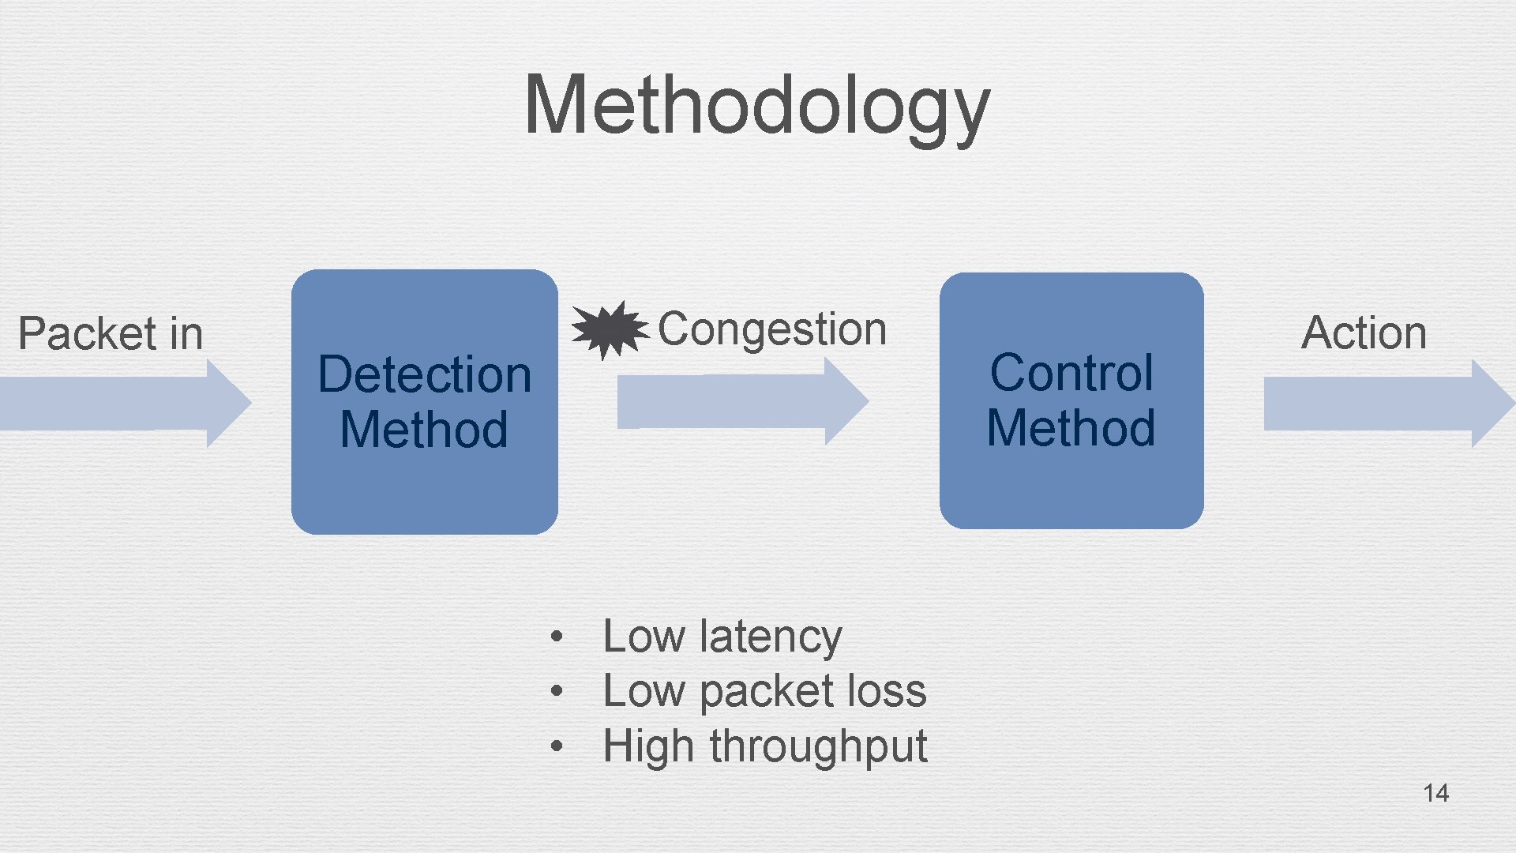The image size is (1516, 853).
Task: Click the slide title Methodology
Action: click(x=756, y=105)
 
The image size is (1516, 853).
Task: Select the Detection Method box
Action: click(x=424, y=490)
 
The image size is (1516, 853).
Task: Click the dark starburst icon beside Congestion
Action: click(x=608, y=329)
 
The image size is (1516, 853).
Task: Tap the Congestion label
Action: click(x=771, y=329)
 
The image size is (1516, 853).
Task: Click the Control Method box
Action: click(x=1071, y=490)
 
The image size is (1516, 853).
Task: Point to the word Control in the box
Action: click(x=1071, y=373)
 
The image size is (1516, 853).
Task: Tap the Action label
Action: click(x=1364, y=333)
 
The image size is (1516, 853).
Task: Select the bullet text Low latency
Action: click(x=722, y=637)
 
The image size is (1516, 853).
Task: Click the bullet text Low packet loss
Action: click(x=764, y=691)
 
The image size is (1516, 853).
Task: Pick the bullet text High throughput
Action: click(x=764, y=746)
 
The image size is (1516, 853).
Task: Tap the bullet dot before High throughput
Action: click(x=557, y=746)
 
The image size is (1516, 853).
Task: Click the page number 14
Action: click(x=1435, y=793)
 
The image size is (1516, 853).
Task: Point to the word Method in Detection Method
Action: click(x=424, y=430)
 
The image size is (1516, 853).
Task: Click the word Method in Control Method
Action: click(x=1071, y=428)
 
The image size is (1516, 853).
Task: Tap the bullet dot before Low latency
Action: click(x=557, y=636)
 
